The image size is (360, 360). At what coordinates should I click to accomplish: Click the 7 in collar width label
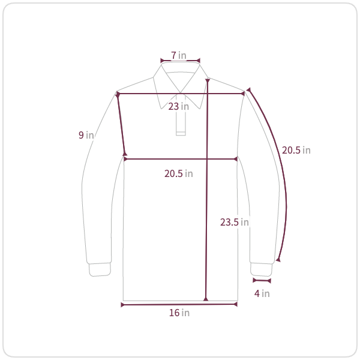click(179, 55)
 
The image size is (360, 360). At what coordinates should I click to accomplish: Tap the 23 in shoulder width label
click(179, 107)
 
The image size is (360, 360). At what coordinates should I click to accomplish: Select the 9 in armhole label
click(86, 135)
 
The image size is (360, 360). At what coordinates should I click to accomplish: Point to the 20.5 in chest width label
click(179, 173)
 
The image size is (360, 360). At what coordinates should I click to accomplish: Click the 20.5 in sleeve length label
click(296, 151)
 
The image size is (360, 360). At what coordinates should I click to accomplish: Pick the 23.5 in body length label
click(235, 222)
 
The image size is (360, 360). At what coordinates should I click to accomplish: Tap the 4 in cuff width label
click(262, 293)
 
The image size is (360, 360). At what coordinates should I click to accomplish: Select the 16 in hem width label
click(179, 313)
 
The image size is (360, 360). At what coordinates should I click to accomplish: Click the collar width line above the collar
click(180, 61)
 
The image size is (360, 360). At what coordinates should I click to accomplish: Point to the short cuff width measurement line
click(262, 281)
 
